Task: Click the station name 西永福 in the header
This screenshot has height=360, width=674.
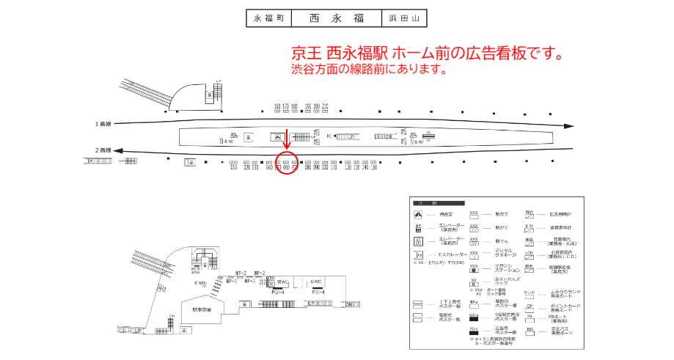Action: (336, 18)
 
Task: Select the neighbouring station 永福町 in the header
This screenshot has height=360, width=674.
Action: (268, 18)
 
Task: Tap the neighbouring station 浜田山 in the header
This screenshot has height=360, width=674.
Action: (403, 18)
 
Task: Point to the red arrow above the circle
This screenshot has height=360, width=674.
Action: (286, 149)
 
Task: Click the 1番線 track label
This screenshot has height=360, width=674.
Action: (103, 123)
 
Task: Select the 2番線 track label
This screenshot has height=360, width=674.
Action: (103, 150)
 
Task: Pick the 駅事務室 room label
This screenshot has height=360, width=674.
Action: (202, 309)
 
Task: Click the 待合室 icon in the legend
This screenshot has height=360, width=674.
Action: (419, 215)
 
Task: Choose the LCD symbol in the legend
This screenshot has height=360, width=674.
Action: (530, 254)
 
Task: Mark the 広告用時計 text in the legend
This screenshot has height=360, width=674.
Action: (563, 214)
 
